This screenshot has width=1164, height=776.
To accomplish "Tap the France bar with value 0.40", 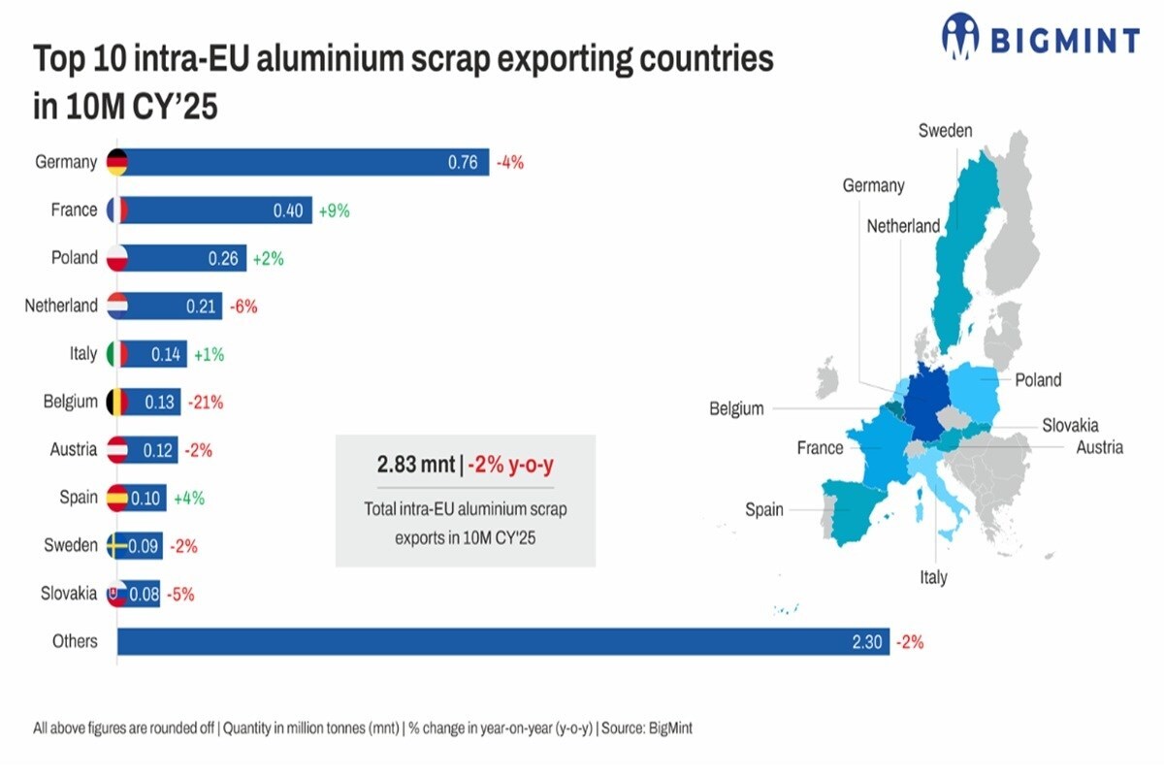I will click(x=213, y=210).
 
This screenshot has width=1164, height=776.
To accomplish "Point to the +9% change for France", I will click(x=334, y=210).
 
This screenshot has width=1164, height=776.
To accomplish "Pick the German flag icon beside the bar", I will click(x=117, y=162).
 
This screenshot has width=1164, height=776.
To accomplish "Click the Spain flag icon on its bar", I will click(x=117, y=498).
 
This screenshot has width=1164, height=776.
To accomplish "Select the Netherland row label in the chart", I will click(x=61, y=306).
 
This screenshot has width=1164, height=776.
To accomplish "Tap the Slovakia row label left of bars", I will click(x=69, y=593).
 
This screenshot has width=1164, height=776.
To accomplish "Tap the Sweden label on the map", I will click(x=945, y=131).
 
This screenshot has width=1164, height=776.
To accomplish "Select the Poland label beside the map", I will click(x=1038, y=379).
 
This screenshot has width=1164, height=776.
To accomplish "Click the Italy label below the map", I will click(x=933, y=577).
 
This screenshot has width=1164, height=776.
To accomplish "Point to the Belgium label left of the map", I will click(x=736, y=408).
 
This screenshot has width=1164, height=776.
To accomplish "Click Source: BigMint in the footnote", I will click(x=647, y=727).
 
